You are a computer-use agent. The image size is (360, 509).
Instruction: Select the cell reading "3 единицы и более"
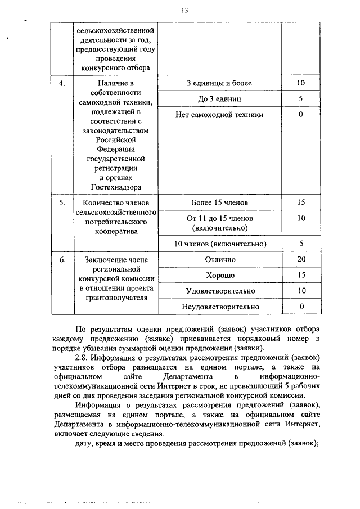point(219,83)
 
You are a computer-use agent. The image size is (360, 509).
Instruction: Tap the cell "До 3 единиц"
point(219,98)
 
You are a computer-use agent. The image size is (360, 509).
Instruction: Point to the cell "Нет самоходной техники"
point(219,114)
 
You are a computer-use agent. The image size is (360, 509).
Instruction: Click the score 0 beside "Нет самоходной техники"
point(301,114)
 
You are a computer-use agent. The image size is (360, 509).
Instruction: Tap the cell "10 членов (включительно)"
point(219,244)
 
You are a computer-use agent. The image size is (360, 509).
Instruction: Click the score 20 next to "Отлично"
point(301,259)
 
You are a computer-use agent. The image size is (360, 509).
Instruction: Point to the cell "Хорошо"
point(219,275)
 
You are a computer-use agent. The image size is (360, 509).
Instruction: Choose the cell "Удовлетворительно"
point(219,291)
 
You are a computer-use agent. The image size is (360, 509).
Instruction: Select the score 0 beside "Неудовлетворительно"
point(301,307)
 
